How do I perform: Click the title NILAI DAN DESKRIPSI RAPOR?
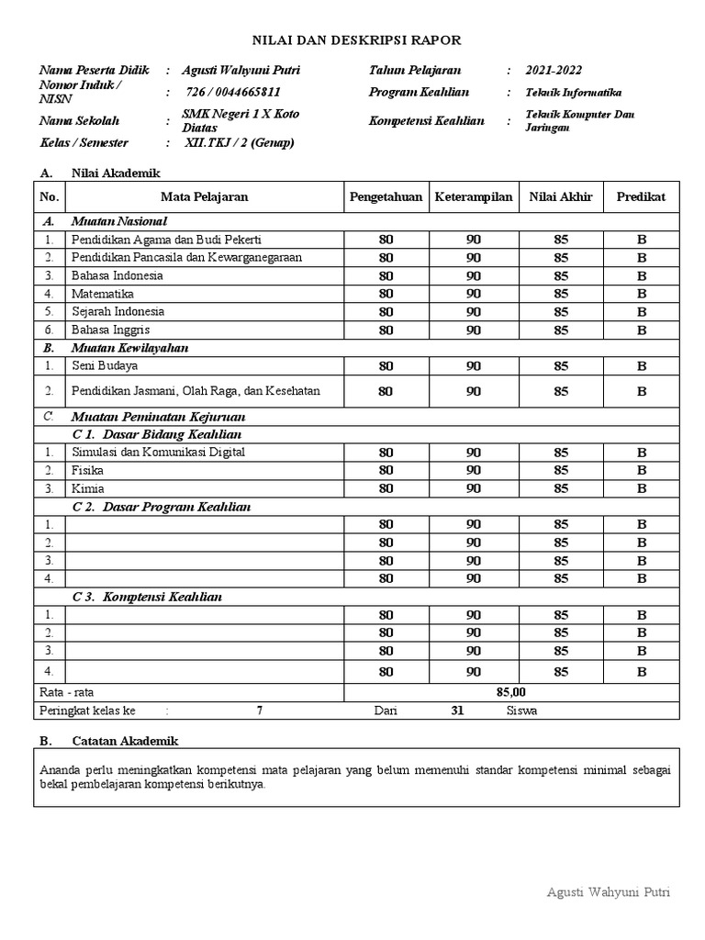[x=357, y=39]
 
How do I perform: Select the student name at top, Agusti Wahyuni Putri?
[x=240, y=71]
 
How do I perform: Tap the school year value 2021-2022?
[x=553, y=71]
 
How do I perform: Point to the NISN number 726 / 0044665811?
[x=233, y=92]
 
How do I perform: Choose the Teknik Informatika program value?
[x=573, y=93]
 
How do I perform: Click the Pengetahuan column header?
[x=386, y=196]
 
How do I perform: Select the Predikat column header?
[x=641, y=196]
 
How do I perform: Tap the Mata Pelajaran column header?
[x=204, y=196]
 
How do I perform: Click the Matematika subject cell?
[x=103, y=294]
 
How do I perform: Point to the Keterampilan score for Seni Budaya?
[x=473, y=366]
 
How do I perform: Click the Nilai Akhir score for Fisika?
[x=560, y=470]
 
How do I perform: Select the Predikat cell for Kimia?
[x=641, y=488]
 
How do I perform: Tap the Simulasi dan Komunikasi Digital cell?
[x=158, y=453]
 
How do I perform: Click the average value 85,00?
[x=510, y=692]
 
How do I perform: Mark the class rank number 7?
[x=260, y=711]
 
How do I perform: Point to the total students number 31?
[x=457, y=711]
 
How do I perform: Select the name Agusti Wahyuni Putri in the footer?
[x=608, y=891]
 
